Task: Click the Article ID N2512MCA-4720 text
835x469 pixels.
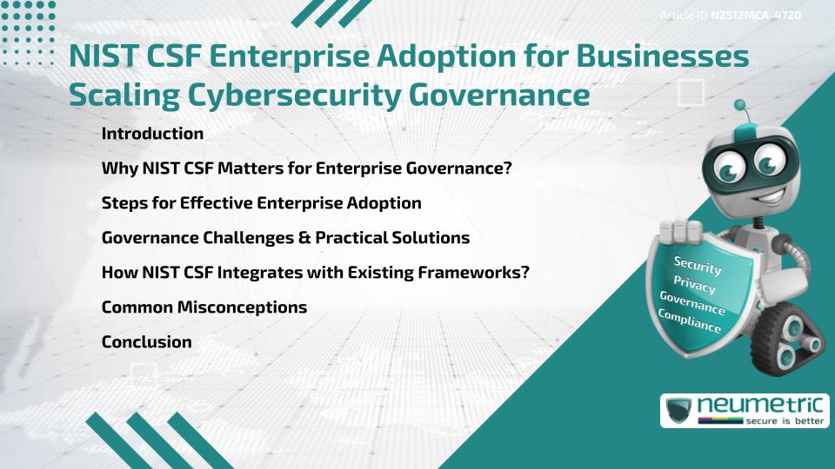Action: pos(730,16)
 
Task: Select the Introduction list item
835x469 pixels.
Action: pos(152,134)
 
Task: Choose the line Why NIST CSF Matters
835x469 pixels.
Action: pos(306,168)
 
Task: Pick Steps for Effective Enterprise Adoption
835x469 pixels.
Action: pos(261,203)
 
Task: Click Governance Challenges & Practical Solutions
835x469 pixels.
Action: pos(285,238)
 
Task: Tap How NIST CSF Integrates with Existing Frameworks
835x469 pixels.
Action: pos(316,273)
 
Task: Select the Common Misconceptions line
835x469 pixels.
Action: pos(204,307)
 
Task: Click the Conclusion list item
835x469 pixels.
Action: pos(146,342)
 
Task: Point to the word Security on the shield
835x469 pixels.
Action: pos(698,265)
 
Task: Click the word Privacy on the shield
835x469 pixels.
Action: pos(694,286)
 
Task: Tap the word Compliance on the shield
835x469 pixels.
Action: pos(690,320)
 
